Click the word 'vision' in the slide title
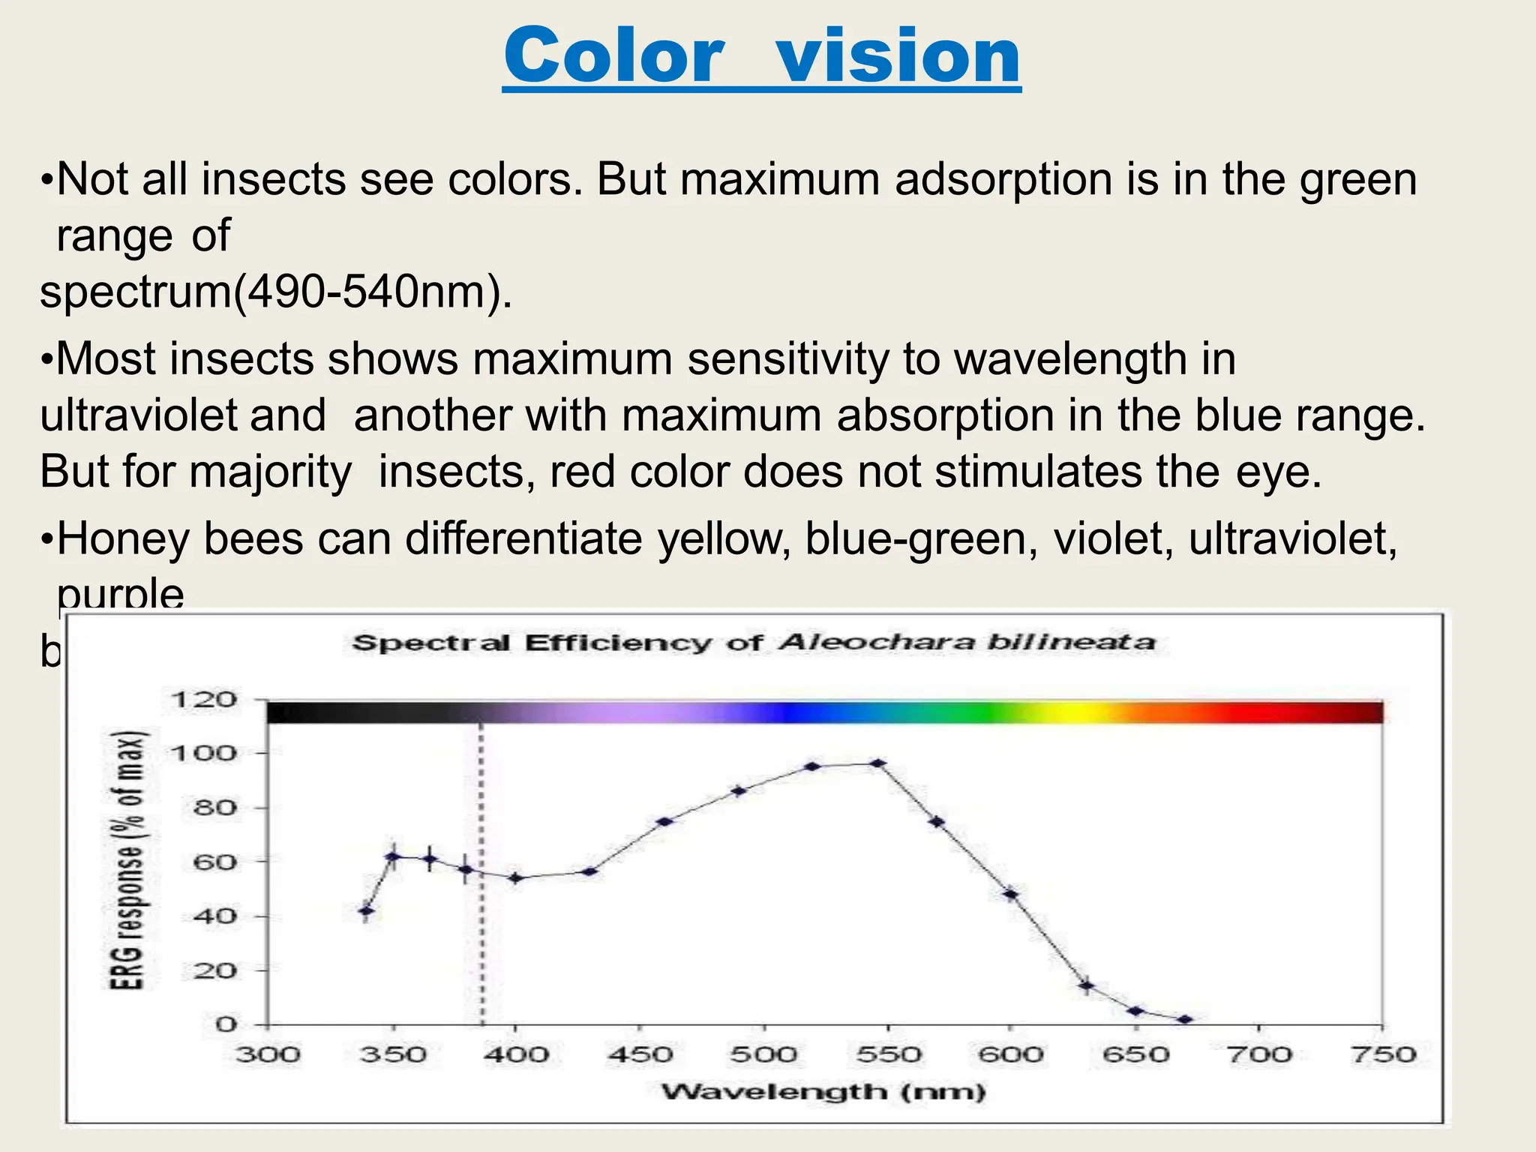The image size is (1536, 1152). tap(898, 57)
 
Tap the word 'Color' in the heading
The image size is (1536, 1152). tap(613, 57)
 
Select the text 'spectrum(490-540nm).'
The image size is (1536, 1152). tap(276, 292)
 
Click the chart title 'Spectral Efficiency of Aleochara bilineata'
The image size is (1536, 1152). tap(753, 643)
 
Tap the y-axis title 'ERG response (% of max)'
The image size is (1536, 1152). tap(127, 859)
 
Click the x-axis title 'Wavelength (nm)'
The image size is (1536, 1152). tap(823, 1091)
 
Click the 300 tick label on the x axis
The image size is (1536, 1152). tap(268, 1055)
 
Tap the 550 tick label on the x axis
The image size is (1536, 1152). tap(887, 1055)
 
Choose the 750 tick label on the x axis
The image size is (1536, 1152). tap(1382, 1055)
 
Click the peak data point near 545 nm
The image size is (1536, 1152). tap(878, 763)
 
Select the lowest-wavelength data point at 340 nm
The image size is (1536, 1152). tap(366, 911)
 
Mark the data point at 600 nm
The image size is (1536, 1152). tap(1011, 894)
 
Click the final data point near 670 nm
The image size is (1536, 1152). tap(1185, 1020)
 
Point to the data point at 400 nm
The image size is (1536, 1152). tap(515, 877)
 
